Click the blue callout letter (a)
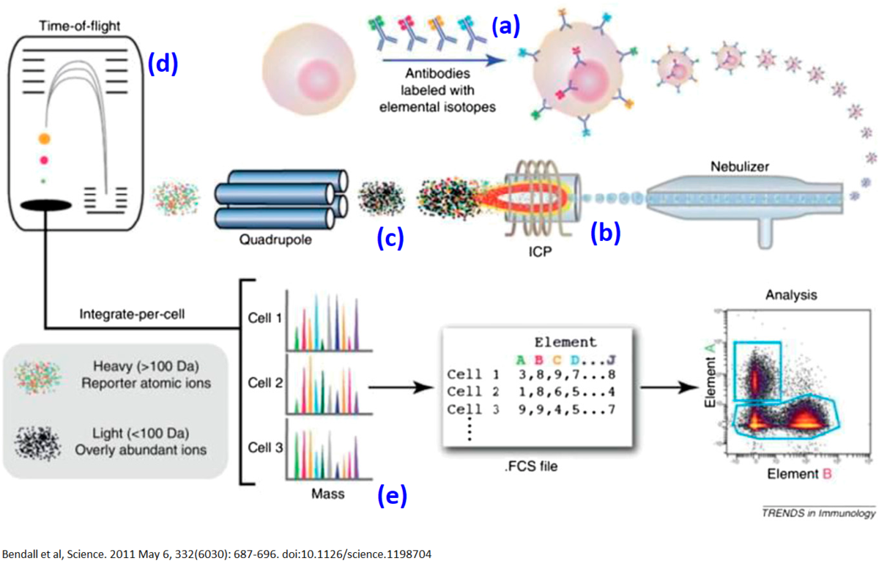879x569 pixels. (x=505, y=27)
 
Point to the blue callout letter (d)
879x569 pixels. (x=163, y=64)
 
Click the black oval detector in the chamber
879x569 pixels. (x=45, y=207)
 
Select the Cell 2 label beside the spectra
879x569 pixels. (x=260, y=382)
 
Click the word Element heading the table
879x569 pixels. (x=566, y=341)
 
